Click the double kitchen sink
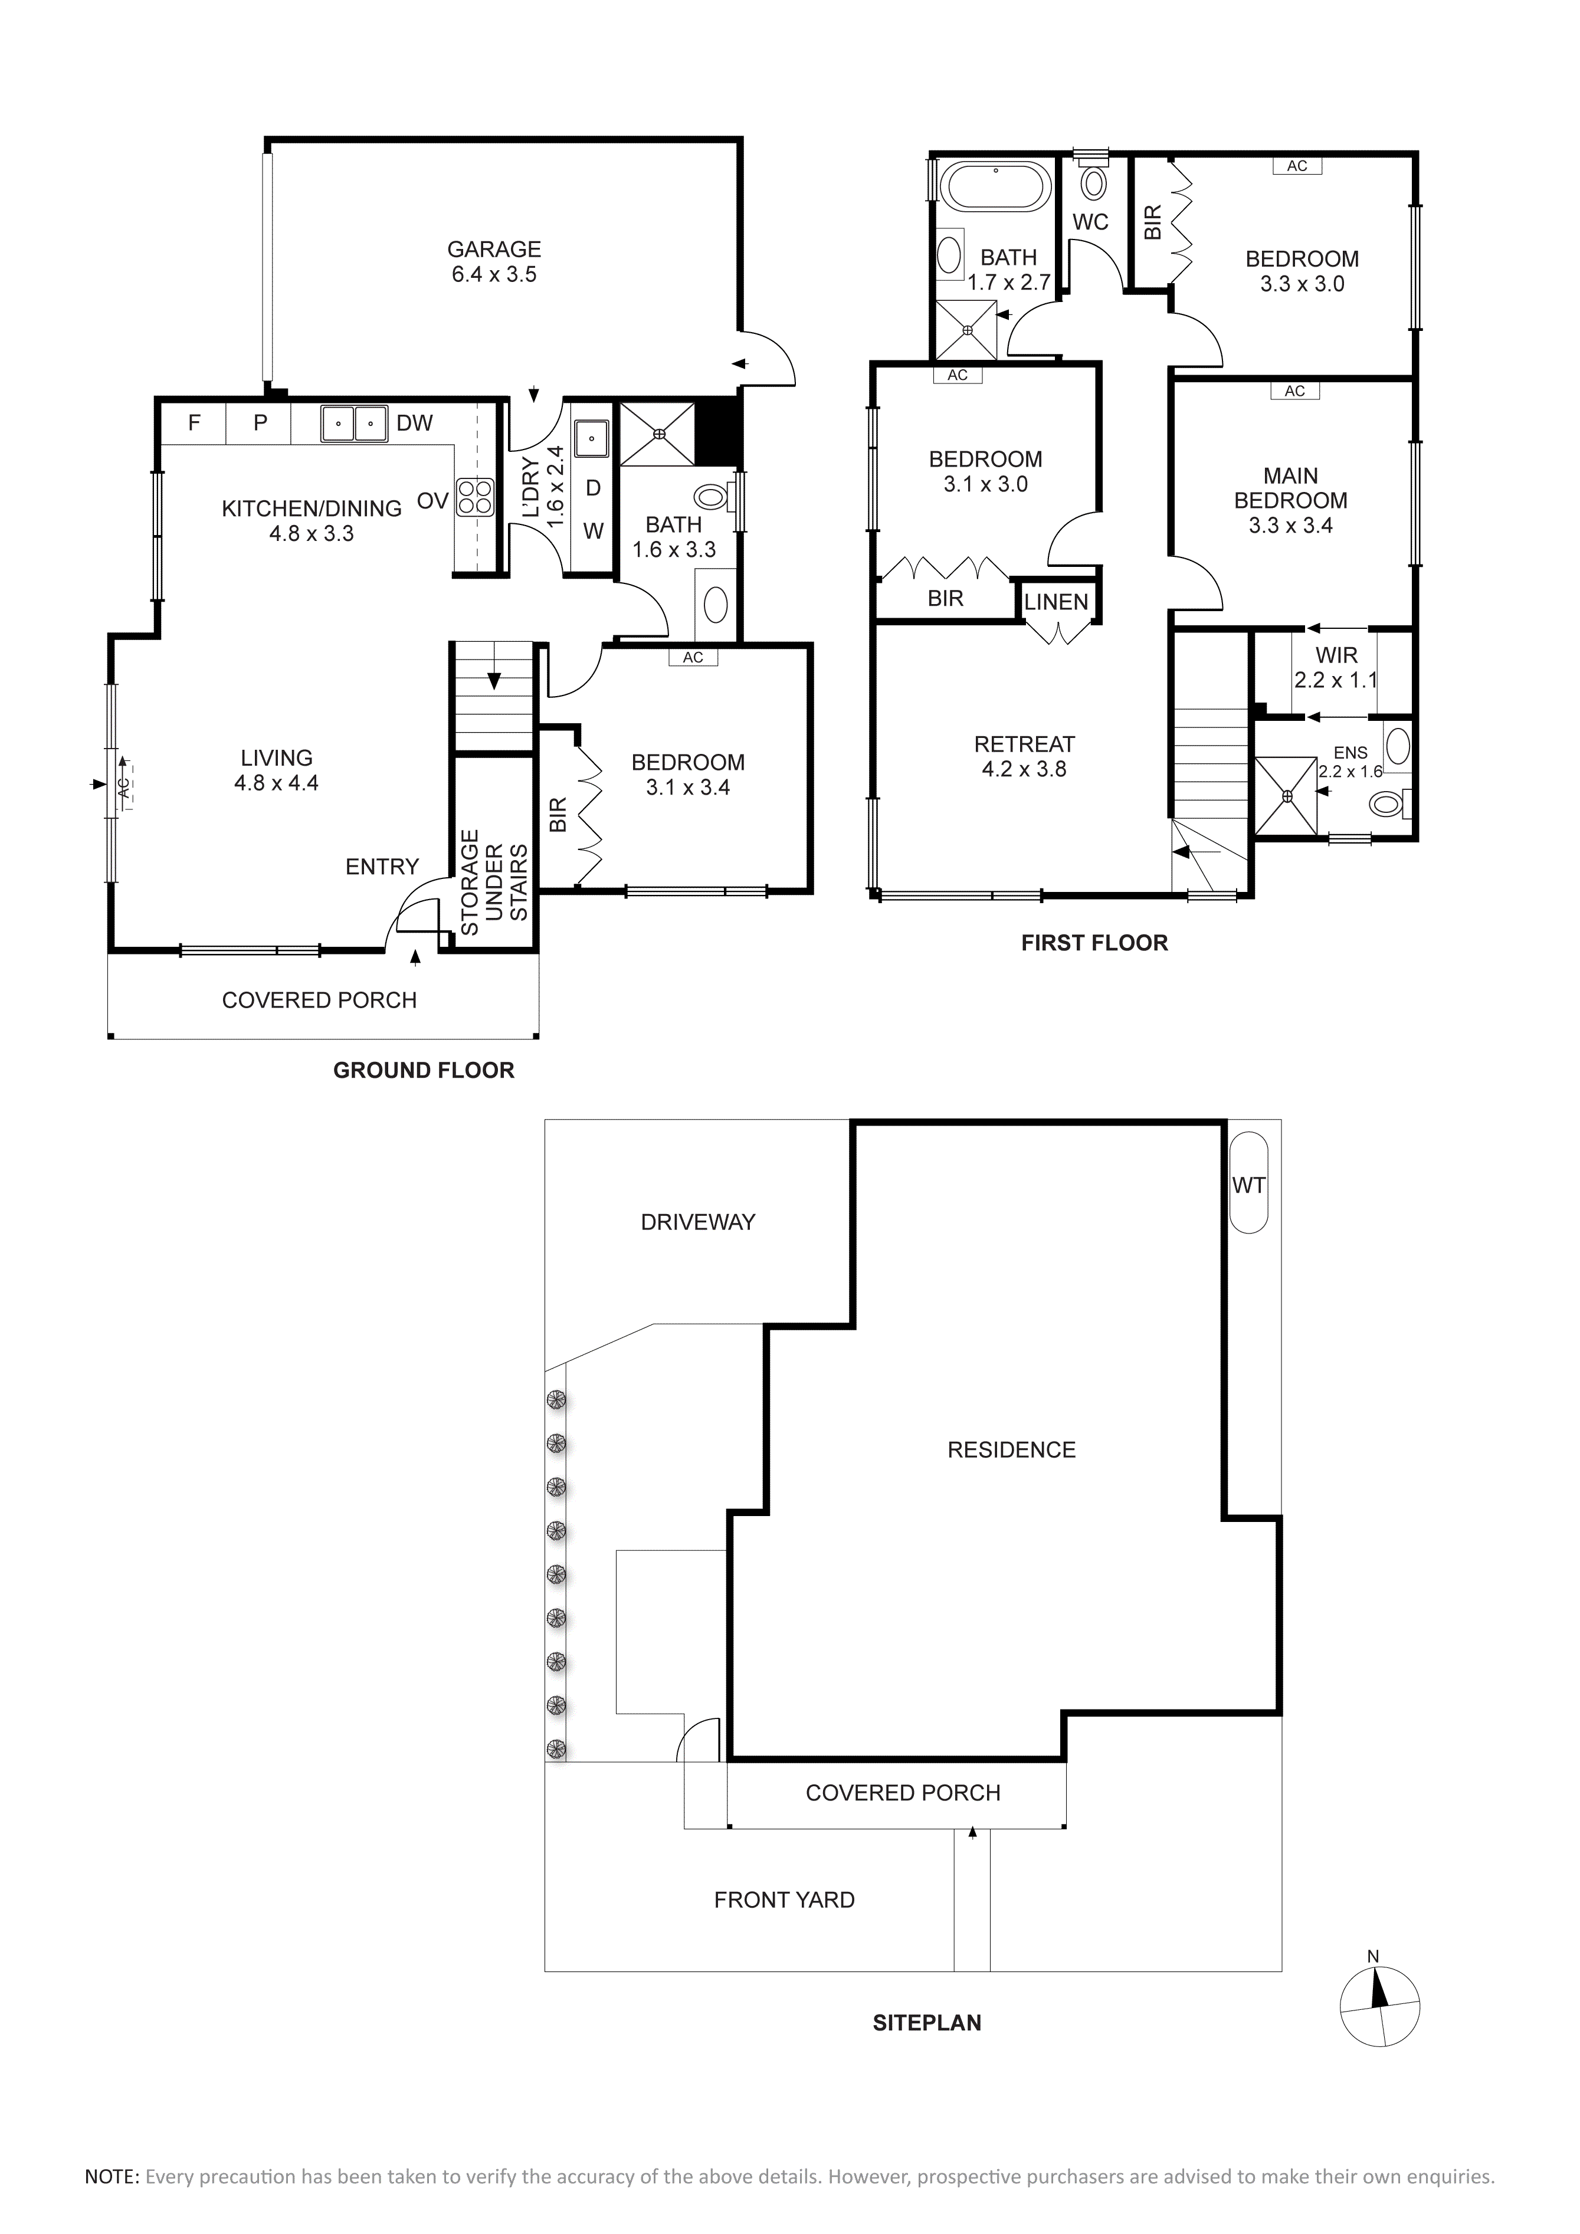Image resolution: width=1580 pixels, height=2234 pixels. pyautogui.click(x=354, y=423)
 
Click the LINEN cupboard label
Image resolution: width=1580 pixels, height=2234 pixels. pyautogui.click(x=1055, y=602)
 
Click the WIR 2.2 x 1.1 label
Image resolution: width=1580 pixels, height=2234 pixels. pyautogui.click(x=1336, y=667)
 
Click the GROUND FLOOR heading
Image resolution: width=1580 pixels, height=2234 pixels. pyautogui.click(x=423, y=1070)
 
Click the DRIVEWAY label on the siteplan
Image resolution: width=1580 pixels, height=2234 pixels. pyautogui.click(x=697, y=1222)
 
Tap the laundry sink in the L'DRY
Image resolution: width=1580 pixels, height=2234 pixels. pyautogui.click(x=591, y=439)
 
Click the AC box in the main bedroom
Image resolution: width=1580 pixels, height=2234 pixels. pyautogui.click(x=1294, y=391)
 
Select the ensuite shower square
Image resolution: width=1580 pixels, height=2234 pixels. pyautogui.click(x=1287, y=796)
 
